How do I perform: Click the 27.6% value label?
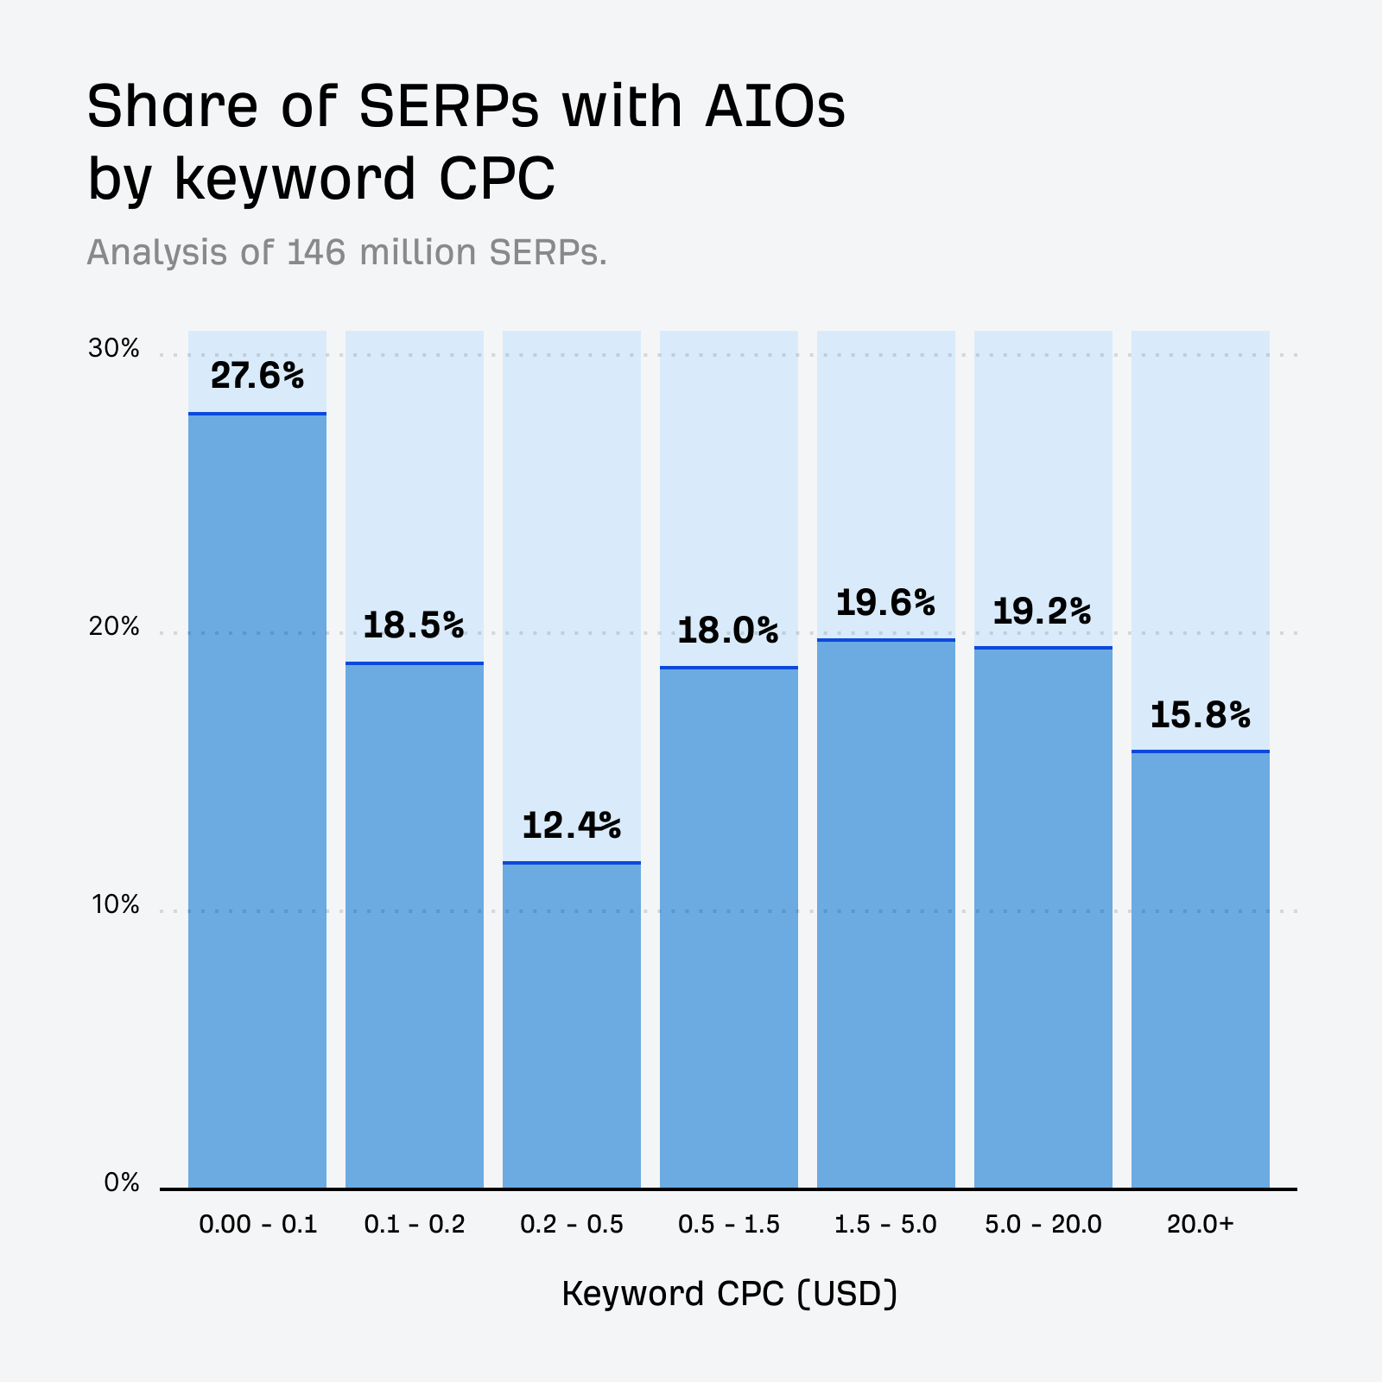[257, 376]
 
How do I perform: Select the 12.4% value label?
[572, 825]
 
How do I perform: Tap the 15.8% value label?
[1201, 715]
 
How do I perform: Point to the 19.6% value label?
[886, 603]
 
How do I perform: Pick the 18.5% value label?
[414, 624]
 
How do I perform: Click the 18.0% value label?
[728, 631]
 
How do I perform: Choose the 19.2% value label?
[1043, 612]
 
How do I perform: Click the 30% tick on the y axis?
[114, 349]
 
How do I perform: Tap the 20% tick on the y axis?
[114, 627]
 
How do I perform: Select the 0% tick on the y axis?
[122, 1183]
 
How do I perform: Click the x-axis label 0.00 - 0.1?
[258, 1225]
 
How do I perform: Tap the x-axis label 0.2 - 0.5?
[572, 1225]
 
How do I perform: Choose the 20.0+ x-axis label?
[1201, 1225]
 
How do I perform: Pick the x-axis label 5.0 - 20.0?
[1043, 1225]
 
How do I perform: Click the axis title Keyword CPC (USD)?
[730, 1294]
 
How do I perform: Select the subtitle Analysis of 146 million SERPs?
[347, 252]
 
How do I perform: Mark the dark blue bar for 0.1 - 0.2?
[415, 924]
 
